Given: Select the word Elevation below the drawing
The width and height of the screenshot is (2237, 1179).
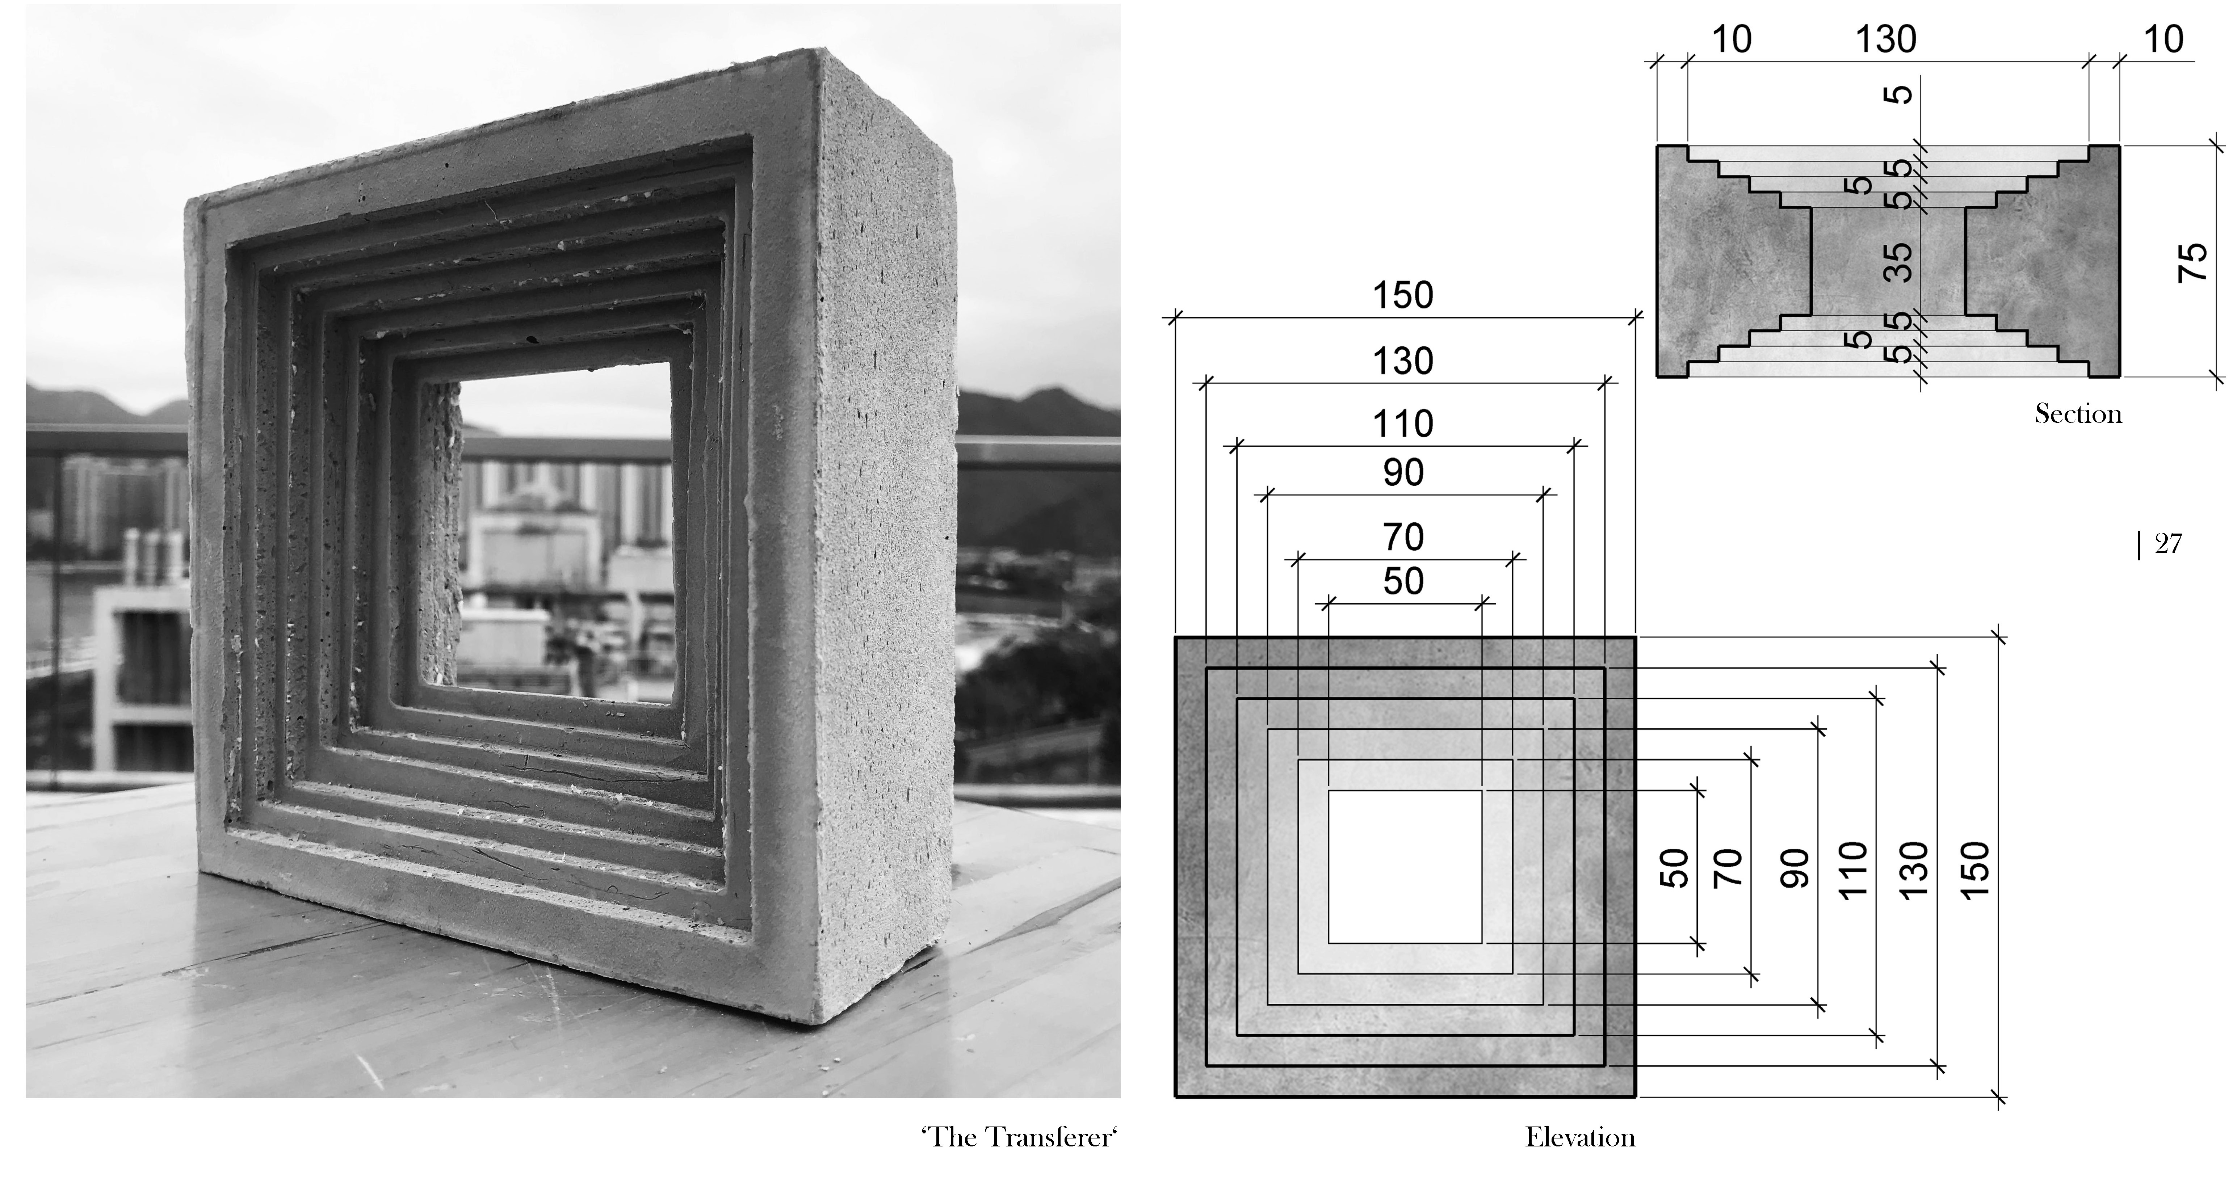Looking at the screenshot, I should [x=1579, y=1137].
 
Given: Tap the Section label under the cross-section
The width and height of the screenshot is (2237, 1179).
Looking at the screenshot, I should [x=2077, y=414].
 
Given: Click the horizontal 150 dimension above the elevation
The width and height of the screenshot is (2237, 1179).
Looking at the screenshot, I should [x=1402, y=296].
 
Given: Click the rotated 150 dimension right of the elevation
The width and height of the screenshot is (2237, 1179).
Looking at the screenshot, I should [x=1974, y=871].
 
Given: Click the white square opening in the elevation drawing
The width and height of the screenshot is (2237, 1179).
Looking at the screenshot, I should [x=1404, y=867].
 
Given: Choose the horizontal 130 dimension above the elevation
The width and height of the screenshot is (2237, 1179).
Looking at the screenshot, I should [x=1402, y=361].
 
